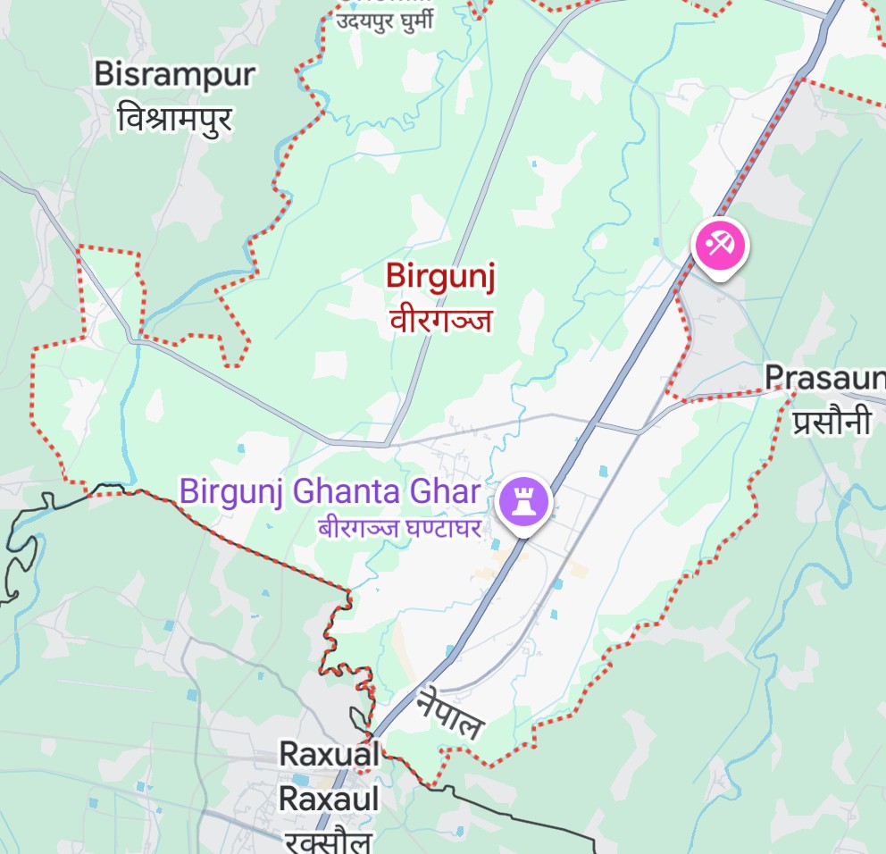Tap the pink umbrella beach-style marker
[x=720, y=244]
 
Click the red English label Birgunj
[x=440, y=276]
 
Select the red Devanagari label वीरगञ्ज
[x=440, y=319]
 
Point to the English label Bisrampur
[x=175, y=75]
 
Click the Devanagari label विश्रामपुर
[x=175, y=118]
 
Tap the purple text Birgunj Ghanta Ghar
[x=330, y=491]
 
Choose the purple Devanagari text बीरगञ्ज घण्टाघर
[x=399, y=527]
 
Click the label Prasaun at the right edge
[x=824, y=378]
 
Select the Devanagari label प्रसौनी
[x=831, y=422]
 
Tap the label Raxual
[x=330, y=754]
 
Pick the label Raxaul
[x=330, y=798]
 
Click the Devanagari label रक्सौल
[x=330, y=840]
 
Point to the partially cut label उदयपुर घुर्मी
[x=385, y=20]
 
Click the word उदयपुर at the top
[x=365, y=20]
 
